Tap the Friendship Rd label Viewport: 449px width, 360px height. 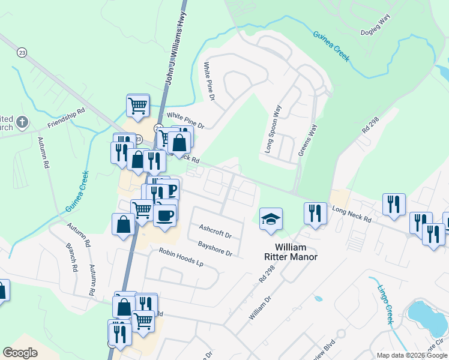pyautogui.click(x=67, y=118)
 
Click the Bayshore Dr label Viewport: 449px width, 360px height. pyautogui.click(x=215, y=248)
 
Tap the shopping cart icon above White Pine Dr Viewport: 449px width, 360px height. pyautogui.click(x=138, y=106)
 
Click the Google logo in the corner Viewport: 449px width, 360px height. pyautogui.click(x=20, y=352)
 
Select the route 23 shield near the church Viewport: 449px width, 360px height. pyautogui.click(x=22, y=52)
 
